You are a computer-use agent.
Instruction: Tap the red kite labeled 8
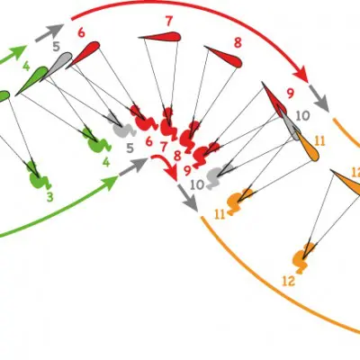[x=225, y=57]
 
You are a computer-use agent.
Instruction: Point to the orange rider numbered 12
[x=304, y=257]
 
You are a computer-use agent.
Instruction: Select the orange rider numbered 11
[x=238, y=201]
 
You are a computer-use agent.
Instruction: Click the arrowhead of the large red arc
[x=301, y=75]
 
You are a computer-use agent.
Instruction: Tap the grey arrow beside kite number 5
[x=49, y=32]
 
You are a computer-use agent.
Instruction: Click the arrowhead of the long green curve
[x=112, y=182]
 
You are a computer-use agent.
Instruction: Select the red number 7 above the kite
[x=169, y=21]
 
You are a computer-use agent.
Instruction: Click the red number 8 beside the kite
[x=238, y=43]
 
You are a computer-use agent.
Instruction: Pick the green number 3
[x=49, y=197]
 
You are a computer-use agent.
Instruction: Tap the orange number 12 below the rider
[x=289, y=282]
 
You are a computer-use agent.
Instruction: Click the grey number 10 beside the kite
[x=303, y=115]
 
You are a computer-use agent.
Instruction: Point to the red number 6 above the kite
[x=81, y=32]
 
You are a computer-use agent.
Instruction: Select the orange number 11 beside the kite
[x=319, y=140]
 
